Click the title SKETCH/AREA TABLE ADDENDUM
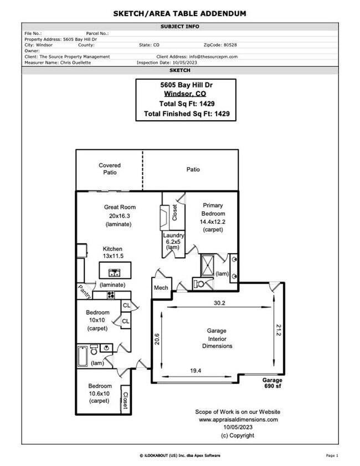pos(179,13)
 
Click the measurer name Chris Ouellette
pos(74,63)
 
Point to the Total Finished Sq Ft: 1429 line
pos(186,114)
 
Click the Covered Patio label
pos(109,169)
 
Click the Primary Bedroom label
pos(213,209)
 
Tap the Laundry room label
pos(173,235)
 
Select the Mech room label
pos(161,288)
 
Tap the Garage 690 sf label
pos(272,383)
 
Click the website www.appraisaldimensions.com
pos(238,419)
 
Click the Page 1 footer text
pos(332,455)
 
